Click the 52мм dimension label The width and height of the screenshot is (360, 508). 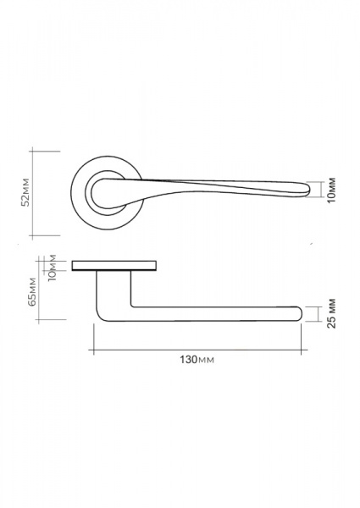pyautogui.click(x=25, y=192)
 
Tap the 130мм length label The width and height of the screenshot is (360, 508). pyautogui.click(x=197, y=360)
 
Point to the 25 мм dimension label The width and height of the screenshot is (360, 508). pyautogui.click(x=331, y=313)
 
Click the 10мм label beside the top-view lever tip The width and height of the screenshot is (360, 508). pyautogui.click(x=331, y=190)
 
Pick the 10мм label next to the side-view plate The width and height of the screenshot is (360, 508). pyautogui.click(x=52, y=268)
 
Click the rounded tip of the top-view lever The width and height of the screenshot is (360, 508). pyautogui.click(x=307, y=190)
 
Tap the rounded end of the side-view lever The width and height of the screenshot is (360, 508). pyautogui.click(x=299, y=313)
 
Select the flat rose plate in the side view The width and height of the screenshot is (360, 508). pyautogui.click(x=114, y=265)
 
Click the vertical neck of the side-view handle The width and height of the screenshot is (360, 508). pyautogui.click(x=114, y=289)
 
